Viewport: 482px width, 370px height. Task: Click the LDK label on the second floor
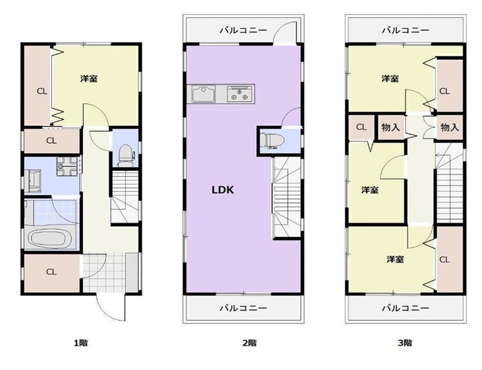coord(223,190)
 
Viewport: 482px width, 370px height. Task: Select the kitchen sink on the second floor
coord(203,93)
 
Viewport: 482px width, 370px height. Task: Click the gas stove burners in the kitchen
coord(240,94)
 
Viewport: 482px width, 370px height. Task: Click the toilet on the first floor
coord(125,155)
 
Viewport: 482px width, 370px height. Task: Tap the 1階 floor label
coord(81,343)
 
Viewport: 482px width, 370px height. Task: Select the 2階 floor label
coord(249,343)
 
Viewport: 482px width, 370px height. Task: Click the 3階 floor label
coord(405,343)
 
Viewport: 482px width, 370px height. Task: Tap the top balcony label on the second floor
coord(243,30)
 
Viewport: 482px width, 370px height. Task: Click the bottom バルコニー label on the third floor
coord(406,308)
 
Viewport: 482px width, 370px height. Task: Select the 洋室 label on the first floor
coord(89,79)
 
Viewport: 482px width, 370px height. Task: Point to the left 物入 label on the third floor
coord(390,127)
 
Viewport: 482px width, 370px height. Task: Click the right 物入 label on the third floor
coord(450,127)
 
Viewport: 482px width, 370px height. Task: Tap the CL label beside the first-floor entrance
coord(51,272)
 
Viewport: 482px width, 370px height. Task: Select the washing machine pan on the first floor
coord(67,166)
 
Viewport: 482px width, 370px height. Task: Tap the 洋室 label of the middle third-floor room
coord(370,190)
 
